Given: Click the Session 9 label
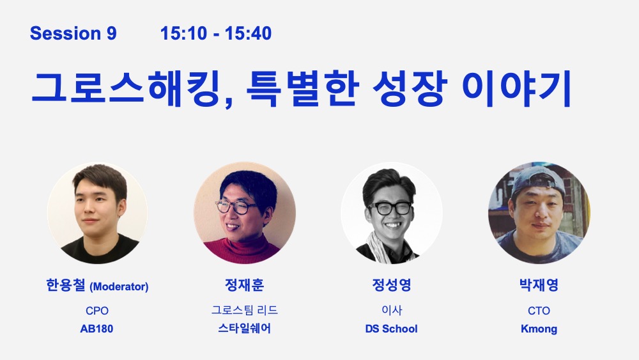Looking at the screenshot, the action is click(73, 33).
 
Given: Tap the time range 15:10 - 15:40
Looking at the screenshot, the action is click(216, 33).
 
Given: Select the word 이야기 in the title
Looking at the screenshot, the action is click(516, 88).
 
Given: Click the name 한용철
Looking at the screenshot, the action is click(66, 285).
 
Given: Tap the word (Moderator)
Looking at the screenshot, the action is click(119, 286).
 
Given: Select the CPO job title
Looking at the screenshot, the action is click(97, 311).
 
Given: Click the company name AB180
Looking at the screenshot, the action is click(96, 329).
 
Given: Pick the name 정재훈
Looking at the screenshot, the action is click(245, 285).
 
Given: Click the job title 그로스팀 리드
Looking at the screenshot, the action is click(245, 310).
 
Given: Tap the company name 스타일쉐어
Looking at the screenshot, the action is click(245, 328).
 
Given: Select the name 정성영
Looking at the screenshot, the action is click(392, 285).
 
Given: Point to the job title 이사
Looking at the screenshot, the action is click(392, 310).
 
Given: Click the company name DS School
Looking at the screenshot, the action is click(391, 329).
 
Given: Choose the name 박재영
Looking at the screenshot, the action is click(539, 285).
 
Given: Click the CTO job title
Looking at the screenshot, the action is click(539, 311).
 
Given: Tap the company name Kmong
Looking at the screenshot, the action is click(539, 329).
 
